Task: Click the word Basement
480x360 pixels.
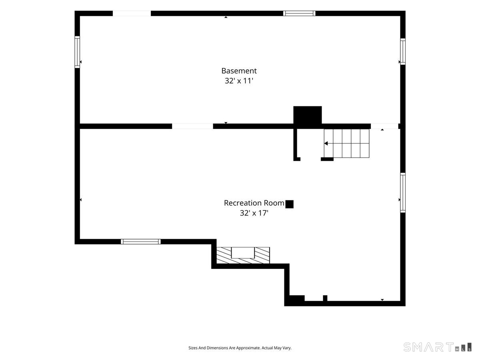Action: (x=239, y=71)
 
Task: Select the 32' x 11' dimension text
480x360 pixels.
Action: (x=239, y=81)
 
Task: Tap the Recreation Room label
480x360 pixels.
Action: (x=254, y=203)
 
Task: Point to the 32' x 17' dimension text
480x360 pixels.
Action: (x=254, y=213)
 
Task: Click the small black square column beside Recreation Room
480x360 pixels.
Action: (x=290, y=204)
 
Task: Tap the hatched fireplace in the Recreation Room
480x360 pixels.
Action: (x=243, y=255)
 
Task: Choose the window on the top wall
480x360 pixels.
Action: (x=299, y=13)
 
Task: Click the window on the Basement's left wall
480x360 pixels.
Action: (x=77, y=52)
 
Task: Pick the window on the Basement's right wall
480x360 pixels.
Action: (x=403, y=52)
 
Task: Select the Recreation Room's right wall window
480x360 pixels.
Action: (x=403, y=192)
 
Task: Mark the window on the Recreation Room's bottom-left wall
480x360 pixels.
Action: (x=141, y=242)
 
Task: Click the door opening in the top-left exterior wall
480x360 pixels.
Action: (x=132, y=13)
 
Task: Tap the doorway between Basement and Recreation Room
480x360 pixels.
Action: (x=192, y=126)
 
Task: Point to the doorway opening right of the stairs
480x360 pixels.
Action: (x=384, y=126)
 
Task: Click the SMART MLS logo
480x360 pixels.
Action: (x=437, y=347)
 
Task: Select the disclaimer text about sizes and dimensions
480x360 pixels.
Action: (x=240, y=348)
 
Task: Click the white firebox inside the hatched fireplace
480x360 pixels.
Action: (x=243, y=253)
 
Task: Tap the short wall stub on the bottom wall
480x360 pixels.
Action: (x=325, y=298)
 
